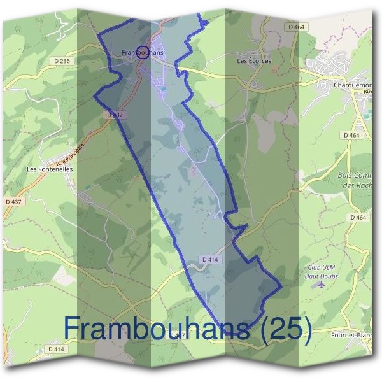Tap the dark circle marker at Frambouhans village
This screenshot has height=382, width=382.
tap(143, 53)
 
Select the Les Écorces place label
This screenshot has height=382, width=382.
tap(254, 61)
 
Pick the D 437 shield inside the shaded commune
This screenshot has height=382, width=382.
tap(115, 115)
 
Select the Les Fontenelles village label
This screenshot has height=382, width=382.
tap(50, 170)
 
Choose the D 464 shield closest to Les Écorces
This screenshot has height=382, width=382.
tap(297, 27)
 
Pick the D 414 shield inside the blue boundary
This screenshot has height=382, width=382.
tap(211, 260)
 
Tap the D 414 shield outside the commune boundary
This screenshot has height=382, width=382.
tap(56, 350)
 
